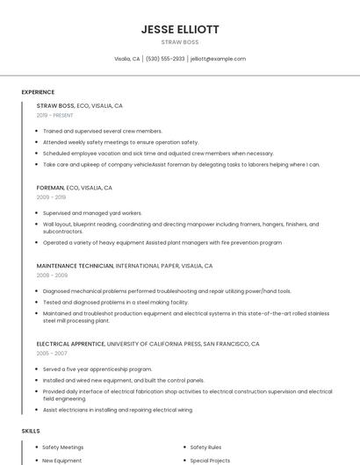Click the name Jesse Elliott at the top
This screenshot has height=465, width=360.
click(180, 28)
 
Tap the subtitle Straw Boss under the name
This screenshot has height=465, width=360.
click(180, 42)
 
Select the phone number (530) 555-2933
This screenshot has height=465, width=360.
click(165, 59)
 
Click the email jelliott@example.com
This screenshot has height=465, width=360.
click(219, 59)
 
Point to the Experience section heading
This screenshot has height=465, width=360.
click(38, 92)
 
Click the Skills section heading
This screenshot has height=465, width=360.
click(31, 431)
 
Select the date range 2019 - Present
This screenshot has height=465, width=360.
click(55, 115)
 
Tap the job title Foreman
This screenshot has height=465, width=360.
click(51, 188)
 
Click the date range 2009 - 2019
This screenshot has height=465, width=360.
click(52, 197)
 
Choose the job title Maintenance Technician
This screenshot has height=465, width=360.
click(75, 266)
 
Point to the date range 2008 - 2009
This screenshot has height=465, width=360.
click(52, 275)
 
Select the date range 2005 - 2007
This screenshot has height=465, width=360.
click(52, 354)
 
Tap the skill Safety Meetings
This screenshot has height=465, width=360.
click(63, 447)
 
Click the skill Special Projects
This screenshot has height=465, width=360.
click(210, 460)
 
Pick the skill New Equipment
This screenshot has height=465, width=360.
click(62, 460)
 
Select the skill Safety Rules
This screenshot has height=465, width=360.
click(205, 447)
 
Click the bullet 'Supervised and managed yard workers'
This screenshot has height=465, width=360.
click(92, 212)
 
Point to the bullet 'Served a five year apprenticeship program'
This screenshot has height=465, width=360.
click(97, 368)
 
